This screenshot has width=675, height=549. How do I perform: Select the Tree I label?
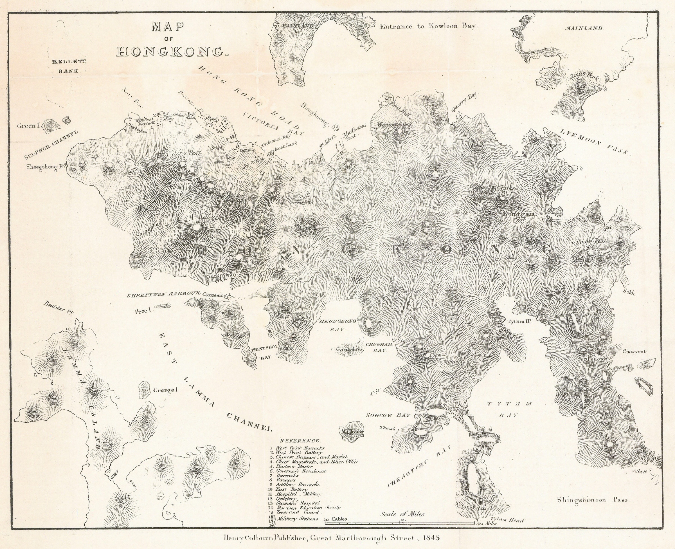coord(143,311)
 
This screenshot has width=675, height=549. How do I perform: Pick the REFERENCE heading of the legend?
coord(300,441)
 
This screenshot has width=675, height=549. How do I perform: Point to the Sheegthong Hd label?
coord(48,166)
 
